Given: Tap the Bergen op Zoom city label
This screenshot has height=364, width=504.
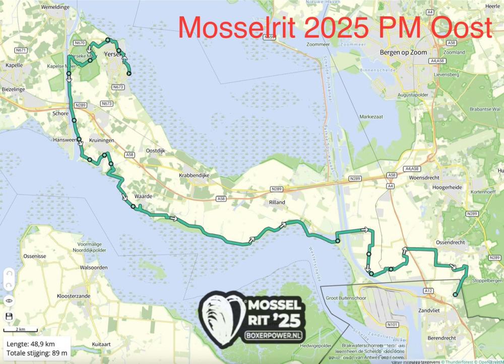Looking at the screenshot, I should pyautogui.click(x=402, y=53).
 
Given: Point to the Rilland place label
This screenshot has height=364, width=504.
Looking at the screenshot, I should pyautogui.click(x=277, y=202).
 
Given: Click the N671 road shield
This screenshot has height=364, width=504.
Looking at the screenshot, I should pyautogui.click(x=21, y=50).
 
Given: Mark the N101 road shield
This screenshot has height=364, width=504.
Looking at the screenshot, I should pyautogui.click(x=393, y=325).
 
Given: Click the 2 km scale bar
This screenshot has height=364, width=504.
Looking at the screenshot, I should pyautogui.click(x=20, y=331).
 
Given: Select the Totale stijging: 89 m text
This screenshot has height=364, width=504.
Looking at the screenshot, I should pyautogui.click(x=36, y=353).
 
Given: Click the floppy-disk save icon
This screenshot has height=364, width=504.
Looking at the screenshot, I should pyautogui.click(x=9, y=317).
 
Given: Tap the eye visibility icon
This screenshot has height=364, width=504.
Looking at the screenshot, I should pyautogui.click(x=9, y=300).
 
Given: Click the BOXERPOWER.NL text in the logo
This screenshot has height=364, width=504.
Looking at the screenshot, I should pyautogui.click(x=274, y=335).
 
